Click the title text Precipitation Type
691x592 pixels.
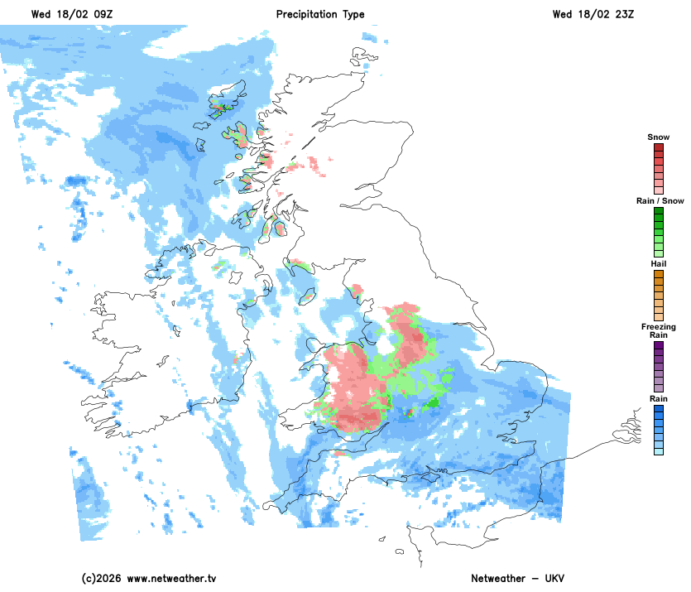[319, 15]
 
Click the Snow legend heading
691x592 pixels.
[658, 137]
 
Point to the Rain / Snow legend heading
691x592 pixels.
[658, 201]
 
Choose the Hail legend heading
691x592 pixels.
[658, 263]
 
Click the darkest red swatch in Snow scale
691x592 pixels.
[658, 147]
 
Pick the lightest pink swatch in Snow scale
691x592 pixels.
[658, 190]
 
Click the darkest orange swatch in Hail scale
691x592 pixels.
[658, 274]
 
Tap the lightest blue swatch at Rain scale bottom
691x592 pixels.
[658, 451]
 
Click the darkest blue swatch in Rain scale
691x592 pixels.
[658, 409]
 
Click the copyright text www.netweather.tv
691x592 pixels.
[150, 578]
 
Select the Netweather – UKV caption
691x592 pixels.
[517, 578]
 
